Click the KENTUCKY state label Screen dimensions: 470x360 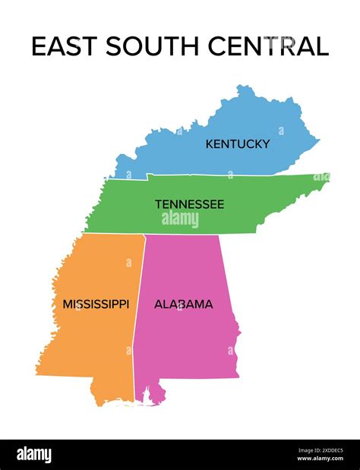[x=237, y=144]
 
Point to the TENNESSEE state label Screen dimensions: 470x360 [x=189, y=204]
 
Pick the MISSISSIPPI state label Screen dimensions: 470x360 [x=96, y=304]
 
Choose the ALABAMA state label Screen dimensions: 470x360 [x=183, y=304]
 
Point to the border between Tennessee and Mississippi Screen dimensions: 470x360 [x=114, y=233]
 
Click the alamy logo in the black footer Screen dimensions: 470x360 [x=34, y=454]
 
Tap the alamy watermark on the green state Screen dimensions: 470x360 [x=180, y=219]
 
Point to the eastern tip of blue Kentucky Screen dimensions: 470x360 [x=317, y=140]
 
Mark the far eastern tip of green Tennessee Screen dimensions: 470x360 [x=327, y=177]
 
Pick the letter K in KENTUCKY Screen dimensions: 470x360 [x=210, y=144]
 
